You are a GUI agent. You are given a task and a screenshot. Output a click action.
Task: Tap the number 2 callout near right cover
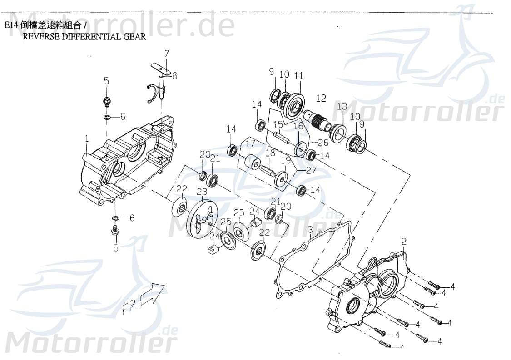pyautogui.click(x=404, y=241)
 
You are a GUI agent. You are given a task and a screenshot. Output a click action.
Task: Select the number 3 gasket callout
pyautogui.click(x=310, y=230)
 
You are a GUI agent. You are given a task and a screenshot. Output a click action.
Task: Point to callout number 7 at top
pyautogui.click(x=167, y=53)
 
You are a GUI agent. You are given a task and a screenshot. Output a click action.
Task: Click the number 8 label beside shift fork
pyautogui.click(x=175, y=76)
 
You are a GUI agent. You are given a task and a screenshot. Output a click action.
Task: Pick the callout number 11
pyautogui.click(x=298, y=76)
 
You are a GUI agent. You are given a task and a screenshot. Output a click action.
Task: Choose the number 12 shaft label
pyautogui.click(x=321, y=98)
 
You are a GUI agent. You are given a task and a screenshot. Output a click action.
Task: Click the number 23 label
pyautogui.click(x=202, y=192)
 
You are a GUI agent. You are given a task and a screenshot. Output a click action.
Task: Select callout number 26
pyautogui.click(x=323, y=143)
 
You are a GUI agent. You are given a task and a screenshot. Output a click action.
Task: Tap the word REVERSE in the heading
pyautogui.click(x=38, y=37)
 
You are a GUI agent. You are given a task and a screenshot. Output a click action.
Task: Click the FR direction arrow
pyautogui.click(x=153, y=293)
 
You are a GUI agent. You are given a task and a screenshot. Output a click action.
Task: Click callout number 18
pyautogui.click(x=270, y=153)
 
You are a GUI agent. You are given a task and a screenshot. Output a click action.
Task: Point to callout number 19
pyautogui.click(x=286, y=160)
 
